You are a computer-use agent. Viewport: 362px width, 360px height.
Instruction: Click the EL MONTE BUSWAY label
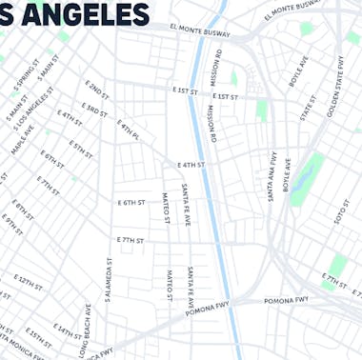tap(200, 32)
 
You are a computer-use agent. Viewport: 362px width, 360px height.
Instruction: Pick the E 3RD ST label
tap(95, 111)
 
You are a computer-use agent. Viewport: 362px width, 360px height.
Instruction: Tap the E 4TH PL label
tap(129, 130)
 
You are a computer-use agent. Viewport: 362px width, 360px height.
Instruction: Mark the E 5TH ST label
tap(81, 150)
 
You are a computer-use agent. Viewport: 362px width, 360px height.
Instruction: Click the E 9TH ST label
tap(11, 224)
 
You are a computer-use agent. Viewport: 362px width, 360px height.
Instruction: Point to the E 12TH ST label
tap(29, 283)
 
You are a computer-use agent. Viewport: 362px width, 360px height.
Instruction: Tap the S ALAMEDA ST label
tap(109, 279)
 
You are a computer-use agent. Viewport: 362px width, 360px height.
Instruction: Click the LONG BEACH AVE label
tap(86, 332)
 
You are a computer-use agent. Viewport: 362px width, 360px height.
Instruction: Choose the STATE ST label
tap(306, 107)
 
